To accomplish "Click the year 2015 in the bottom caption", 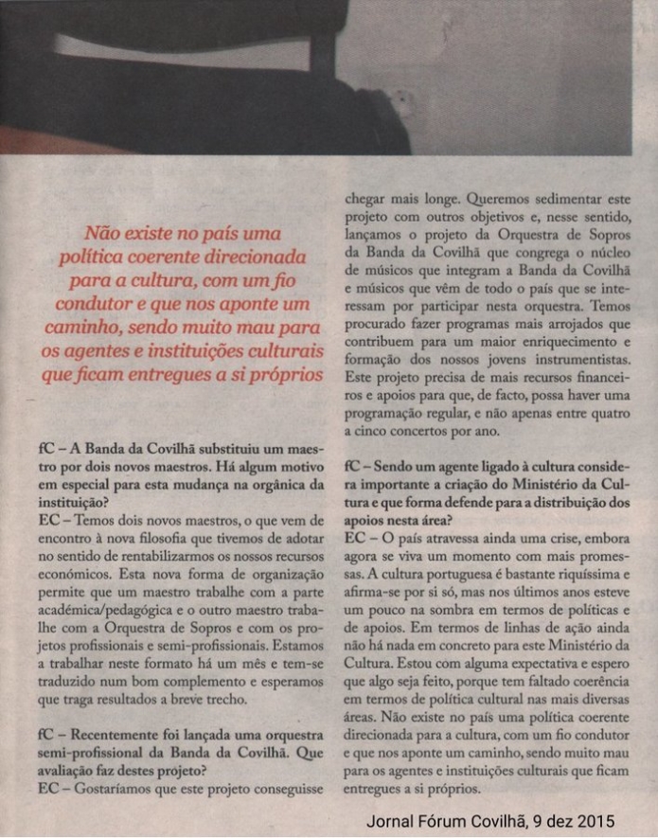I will pos(595,821).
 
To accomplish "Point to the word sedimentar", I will pos(562,200).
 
